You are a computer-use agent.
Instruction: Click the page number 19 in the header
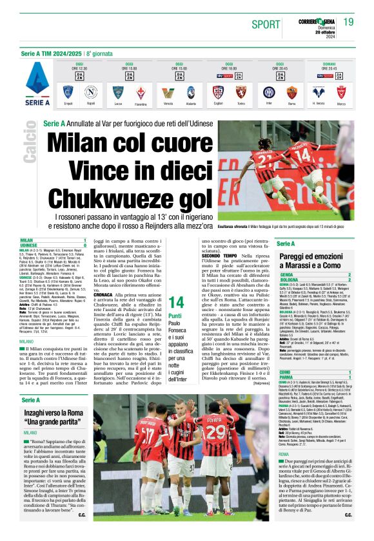[x=348, y=23]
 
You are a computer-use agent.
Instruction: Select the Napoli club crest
[x=92, y=91]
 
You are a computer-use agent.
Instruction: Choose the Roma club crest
[x=291, y=91]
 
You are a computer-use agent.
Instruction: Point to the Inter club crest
[x=269, y=91]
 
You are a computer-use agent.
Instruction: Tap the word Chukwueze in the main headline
[x=113, y=197]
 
